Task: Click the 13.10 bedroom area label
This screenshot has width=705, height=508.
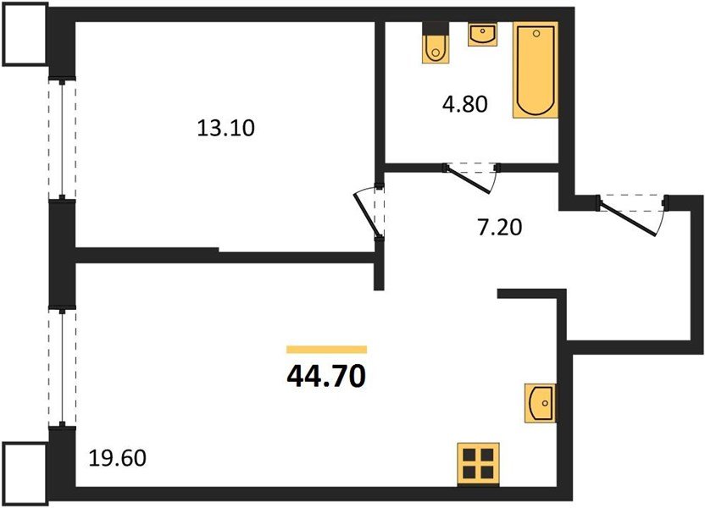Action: pyautogui.click(x=225, y=130)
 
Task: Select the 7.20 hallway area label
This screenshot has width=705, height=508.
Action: pyautogui.click(x=497, y=226)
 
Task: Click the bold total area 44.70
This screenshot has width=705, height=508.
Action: pyautogui.click(x=326, y=373)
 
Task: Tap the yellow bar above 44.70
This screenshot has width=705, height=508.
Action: pyautogui.click(x=326, y=349)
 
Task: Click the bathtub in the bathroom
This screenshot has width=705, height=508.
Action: pyautogui.click(x=536, y=70)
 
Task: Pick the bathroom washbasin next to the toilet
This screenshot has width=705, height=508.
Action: pyautogui.click(x=483, y=36)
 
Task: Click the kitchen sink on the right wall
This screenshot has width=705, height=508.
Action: pyautogui.click(x=541, y=401)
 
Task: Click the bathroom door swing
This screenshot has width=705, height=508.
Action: pyautogui.click(x=472, y=177)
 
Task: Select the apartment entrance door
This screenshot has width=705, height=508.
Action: pyautogui.click(x=633, y=215)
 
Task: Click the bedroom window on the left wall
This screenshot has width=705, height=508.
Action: pyautogui.click(x=61, y=138)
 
